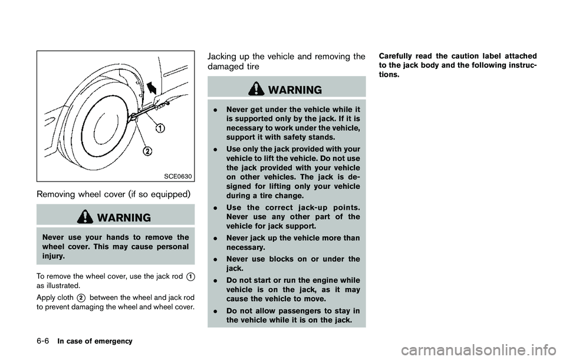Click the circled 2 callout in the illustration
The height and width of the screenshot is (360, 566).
coord(148,150)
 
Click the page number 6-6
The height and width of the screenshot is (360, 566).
coord(19,341)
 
